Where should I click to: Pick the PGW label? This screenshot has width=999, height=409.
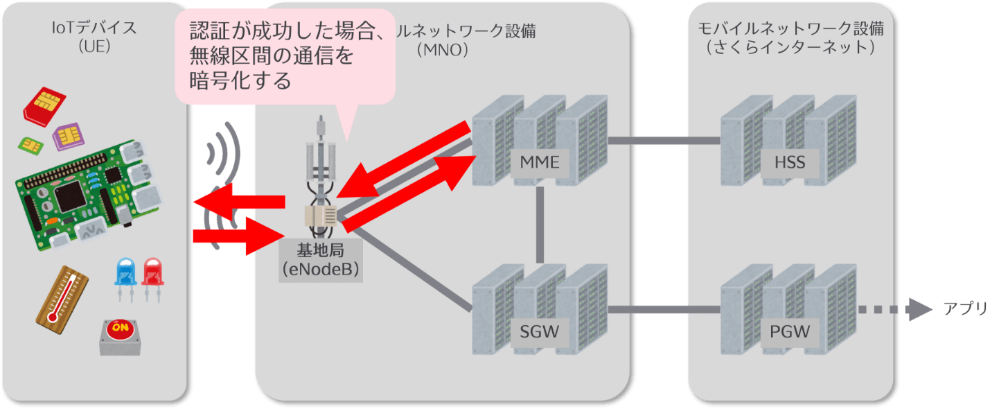tap(789, 331)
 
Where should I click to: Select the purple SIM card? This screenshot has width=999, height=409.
tap(67, 137)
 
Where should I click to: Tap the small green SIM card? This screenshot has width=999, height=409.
tap(30, 144)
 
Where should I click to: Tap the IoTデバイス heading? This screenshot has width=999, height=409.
tap(97, 29)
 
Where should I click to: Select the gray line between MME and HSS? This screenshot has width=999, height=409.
tap(663, 141)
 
